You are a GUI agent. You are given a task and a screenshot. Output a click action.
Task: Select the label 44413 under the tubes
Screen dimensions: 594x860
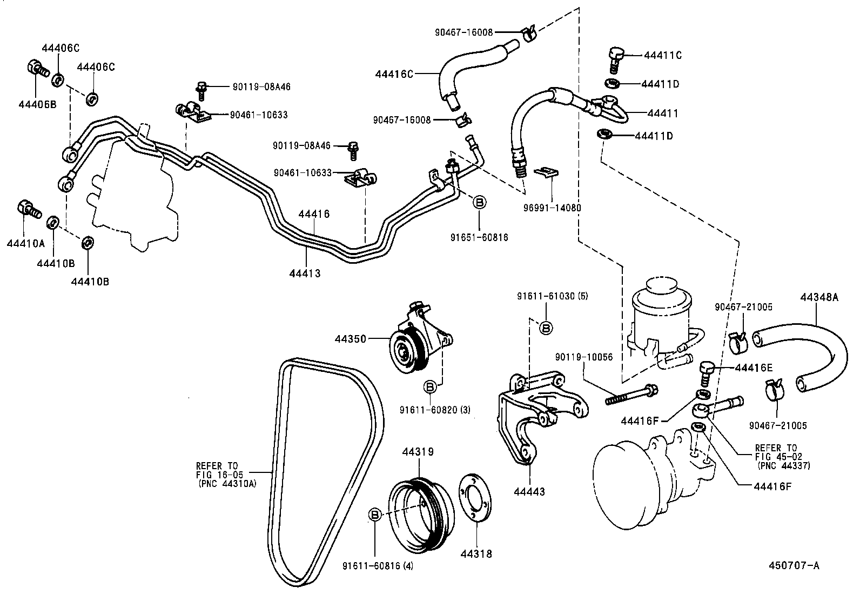(305, 273)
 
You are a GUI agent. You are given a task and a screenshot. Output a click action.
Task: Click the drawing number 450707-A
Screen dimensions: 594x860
(794, 565)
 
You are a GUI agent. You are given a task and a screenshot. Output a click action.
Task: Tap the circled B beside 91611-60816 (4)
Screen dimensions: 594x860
(375, 515)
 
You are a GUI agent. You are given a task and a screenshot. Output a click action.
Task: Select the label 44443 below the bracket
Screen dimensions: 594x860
(529, 492)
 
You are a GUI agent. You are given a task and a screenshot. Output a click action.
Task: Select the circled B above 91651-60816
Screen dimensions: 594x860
(479, 202)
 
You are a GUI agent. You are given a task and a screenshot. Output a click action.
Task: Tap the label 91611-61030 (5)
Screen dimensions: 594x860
(552, 296)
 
